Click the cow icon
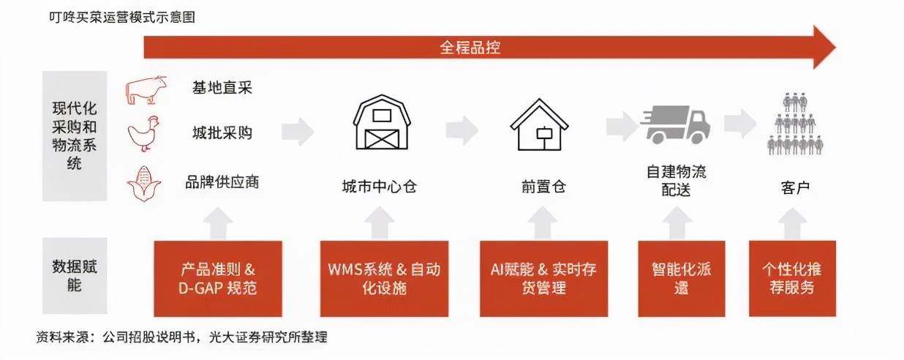(146, 90)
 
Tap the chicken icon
(143, 134)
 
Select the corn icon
(144, 184)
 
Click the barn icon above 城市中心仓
(381, 122)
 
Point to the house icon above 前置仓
(539, 125)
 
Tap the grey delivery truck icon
(675, 124)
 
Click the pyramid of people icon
(794, 124)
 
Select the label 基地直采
(222, 88)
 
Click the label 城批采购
(222, 132)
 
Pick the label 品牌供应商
(222, 182)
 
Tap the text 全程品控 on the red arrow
(470, 48)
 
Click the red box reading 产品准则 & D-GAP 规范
(218, 279)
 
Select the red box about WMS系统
(384, 279)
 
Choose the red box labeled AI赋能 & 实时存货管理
(543, 279)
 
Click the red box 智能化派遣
(682, 279)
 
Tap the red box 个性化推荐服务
(792, 279)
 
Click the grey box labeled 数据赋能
(75, 276)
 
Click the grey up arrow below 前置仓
(543, 222)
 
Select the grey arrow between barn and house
(462, 130)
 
